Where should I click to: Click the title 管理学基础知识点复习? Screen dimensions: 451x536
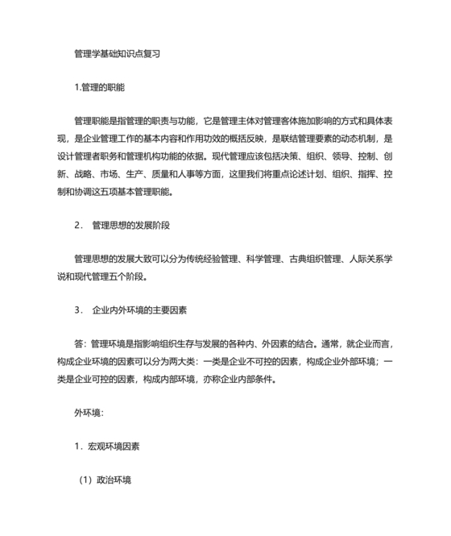pyautogui.click(x=117, y=54)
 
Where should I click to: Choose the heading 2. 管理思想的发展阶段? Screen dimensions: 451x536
pyautogui.click(x=121, y=225)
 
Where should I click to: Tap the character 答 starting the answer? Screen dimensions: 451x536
pyautogui.click(x=77, y=343)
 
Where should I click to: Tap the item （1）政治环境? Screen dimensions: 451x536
pyautogui.click(x=105, y=479)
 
